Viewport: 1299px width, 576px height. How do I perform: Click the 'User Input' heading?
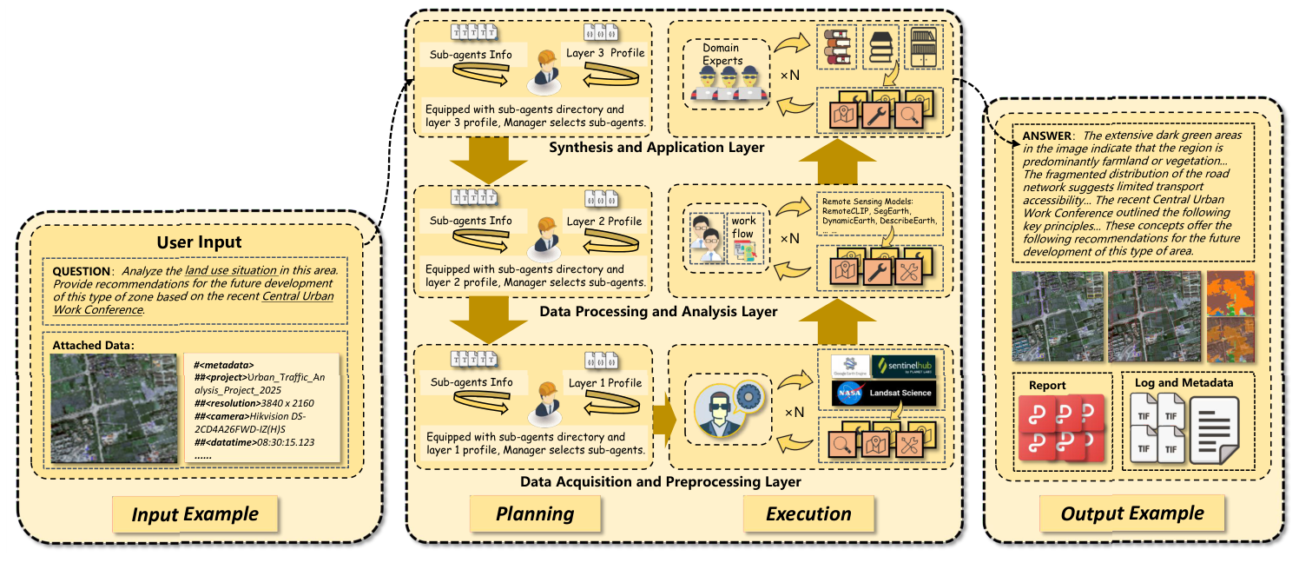pos(199,242)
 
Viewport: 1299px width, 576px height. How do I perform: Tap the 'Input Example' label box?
pos(195,513)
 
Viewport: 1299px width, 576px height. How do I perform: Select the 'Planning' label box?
pos(535,513)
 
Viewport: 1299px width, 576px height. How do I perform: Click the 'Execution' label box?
pos(808,513)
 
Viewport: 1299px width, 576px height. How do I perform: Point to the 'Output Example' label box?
pos(1132,513)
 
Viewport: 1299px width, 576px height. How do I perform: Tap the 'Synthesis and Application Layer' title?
pos(656,148)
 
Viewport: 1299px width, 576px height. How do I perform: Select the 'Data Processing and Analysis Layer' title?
pos(658,311)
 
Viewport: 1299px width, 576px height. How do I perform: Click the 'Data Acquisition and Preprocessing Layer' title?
pos(660,481)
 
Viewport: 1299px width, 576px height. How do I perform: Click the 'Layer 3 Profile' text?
pos(605,54)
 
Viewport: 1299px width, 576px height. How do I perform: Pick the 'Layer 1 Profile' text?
pos(605,383)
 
